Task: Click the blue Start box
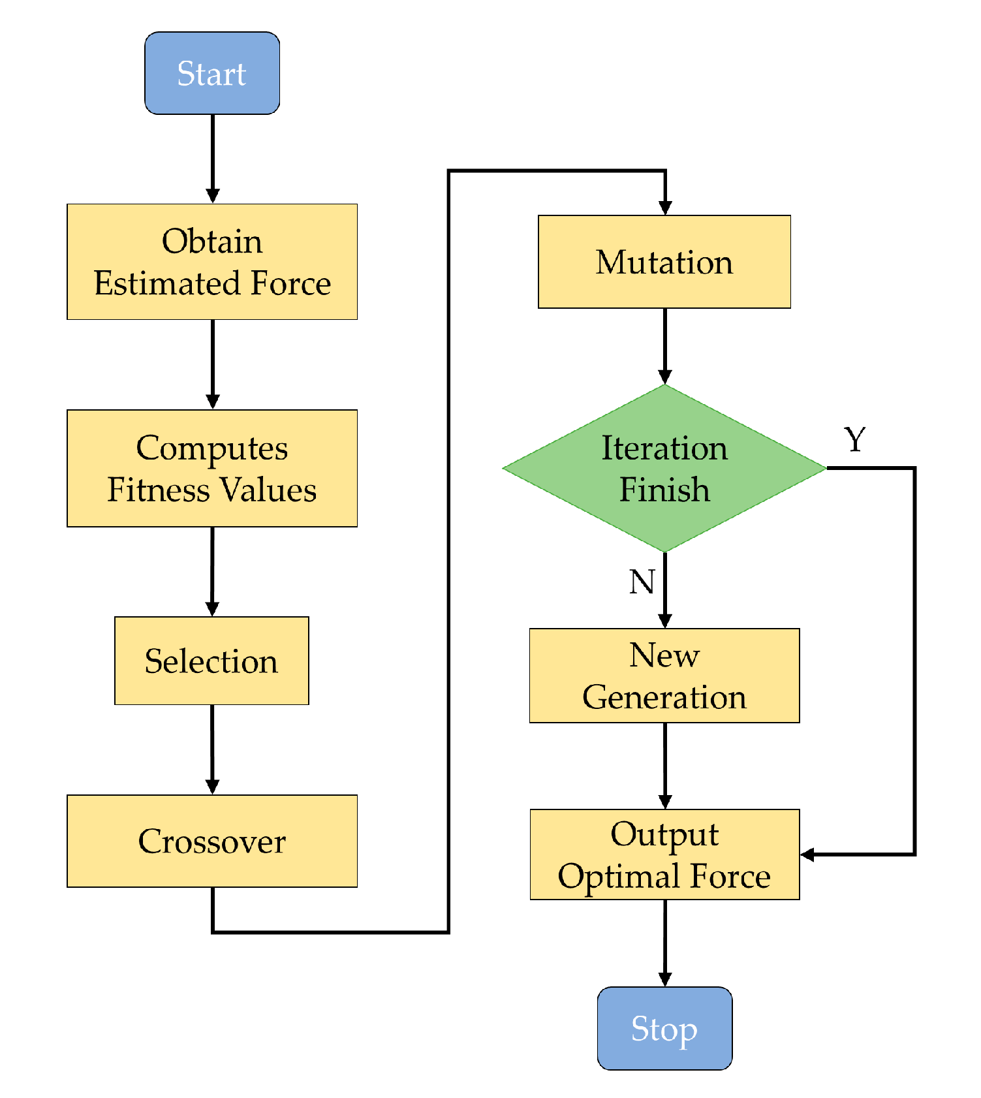[x=212, y=73]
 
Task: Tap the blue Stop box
[x=664, y=1028]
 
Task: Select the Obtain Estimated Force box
[x=212, y=261]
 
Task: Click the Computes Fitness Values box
[x=212, y=468]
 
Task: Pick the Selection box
[x=211, y=661]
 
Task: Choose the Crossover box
[x=212, y=841]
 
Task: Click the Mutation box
[x=664, y=262]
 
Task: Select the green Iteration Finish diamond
[x=664, y=468]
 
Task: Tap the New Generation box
[x=664, y=676]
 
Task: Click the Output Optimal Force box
[x=664, y=855]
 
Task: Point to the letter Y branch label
[x=855, y=439]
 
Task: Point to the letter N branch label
[x=642, y=581]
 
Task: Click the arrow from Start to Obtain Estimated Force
[x=213, y=157]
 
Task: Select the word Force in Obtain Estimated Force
[x=291, y=283]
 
